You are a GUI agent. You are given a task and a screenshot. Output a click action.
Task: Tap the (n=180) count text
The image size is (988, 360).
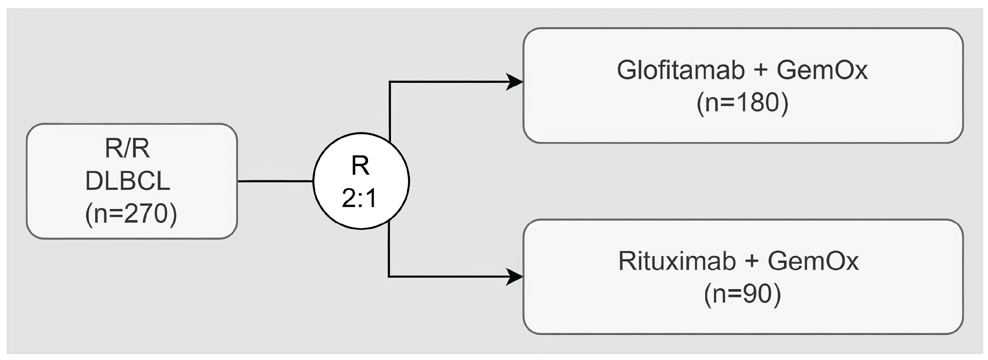(x=742, y=103)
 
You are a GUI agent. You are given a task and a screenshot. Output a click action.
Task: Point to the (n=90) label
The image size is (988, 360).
(x=742, y=294)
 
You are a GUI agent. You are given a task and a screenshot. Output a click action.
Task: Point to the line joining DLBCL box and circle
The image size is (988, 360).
(x=275, y=181)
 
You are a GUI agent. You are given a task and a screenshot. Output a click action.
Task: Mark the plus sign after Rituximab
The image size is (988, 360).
(x=752, y=262)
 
